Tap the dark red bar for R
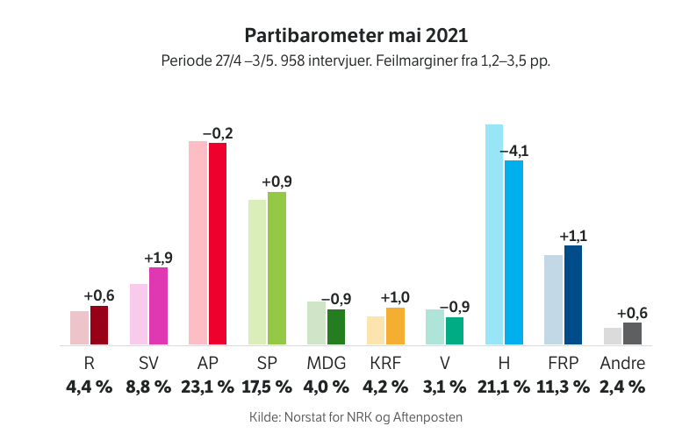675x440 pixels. (99, 325)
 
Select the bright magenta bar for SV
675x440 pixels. (158, 306)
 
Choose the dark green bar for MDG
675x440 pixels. (336, 327)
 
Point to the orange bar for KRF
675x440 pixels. (395, 326)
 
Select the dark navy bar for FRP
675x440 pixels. (573, 295)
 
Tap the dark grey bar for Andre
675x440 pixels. (632, 334)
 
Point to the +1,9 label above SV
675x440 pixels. (159, 259)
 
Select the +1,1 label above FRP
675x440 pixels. (573, 237)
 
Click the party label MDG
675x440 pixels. (327, 364)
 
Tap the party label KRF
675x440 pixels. (385, 364)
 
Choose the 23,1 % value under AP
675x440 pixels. (208, 386)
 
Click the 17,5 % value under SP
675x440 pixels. (267, 386)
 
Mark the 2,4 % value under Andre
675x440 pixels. (622, 386)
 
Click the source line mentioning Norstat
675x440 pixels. (355, 417)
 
